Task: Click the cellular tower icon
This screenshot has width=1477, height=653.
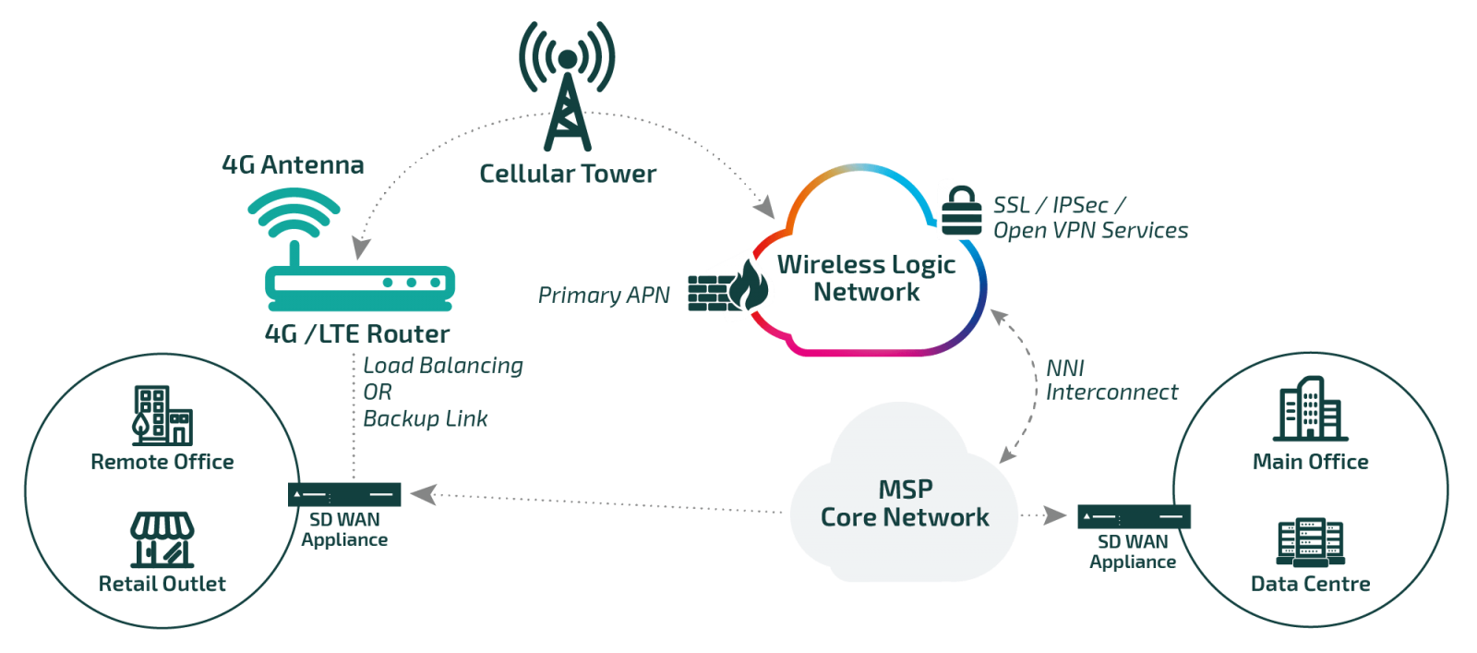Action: click(x=567, y=88)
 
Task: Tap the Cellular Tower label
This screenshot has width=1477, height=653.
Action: click(x=567, y=174)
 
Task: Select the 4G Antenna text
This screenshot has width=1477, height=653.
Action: click(x=293, y=165)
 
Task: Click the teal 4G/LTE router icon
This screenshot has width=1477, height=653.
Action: click(x=359, y=282)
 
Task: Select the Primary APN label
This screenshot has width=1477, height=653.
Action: click(x=604, y=296)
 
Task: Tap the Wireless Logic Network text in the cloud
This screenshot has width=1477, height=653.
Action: click(x=866, y=278)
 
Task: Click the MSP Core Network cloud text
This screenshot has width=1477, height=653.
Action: click(x=905, y=503)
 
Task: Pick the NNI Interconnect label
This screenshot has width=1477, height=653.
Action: click(x=1111, y=381)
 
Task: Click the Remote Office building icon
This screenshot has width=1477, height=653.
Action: click(x=162, y=415)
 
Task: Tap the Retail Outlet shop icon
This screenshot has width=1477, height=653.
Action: click(x=162, y=539)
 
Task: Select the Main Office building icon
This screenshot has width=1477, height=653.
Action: click(x=1310, y=410)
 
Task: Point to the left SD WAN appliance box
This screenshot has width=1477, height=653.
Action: click(x=344, y=495)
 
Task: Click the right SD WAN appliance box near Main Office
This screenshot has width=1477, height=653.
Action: click(x=1134, y=516)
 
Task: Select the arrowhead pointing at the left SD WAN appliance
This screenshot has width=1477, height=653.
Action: click(x=422, y=495)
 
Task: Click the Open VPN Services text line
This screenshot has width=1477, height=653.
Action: click(x=1090, y=231)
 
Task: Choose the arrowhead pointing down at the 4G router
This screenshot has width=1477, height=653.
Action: click(x=361, y=248)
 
